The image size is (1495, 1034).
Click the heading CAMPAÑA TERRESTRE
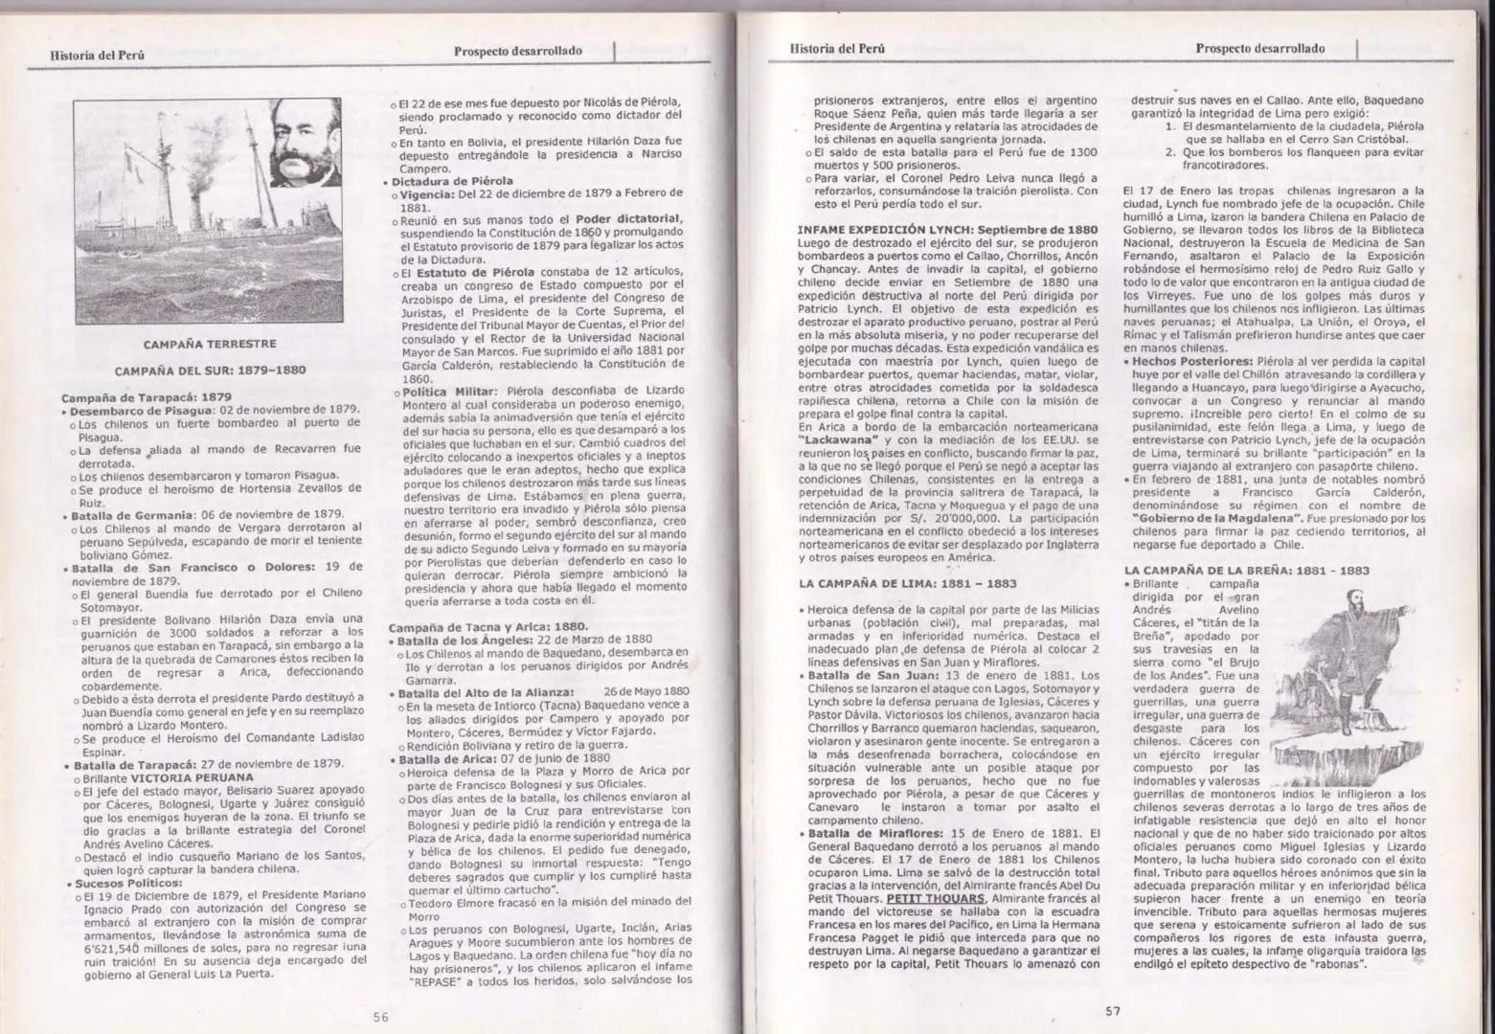209,344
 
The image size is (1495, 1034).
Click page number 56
380,1017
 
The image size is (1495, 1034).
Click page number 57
1112,1010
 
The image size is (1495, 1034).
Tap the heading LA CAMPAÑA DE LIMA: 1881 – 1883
907,583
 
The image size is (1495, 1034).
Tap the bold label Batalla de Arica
444,757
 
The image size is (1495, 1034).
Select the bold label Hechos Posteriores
1191,361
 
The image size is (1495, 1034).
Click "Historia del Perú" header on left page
97,55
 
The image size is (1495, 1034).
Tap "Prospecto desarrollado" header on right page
1260,49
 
